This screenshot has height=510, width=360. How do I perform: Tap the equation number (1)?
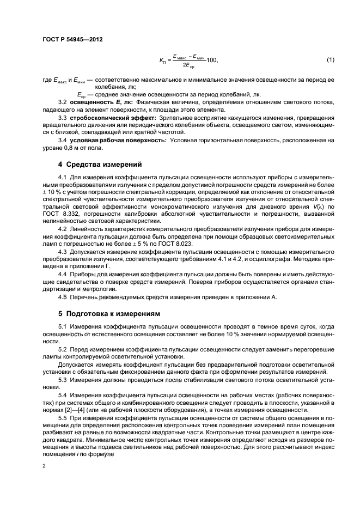[x=330, y=59]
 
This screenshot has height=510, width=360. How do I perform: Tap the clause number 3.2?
[x=62, y=102]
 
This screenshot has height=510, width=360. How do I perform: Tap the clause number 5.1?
[x=62, y=326]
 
